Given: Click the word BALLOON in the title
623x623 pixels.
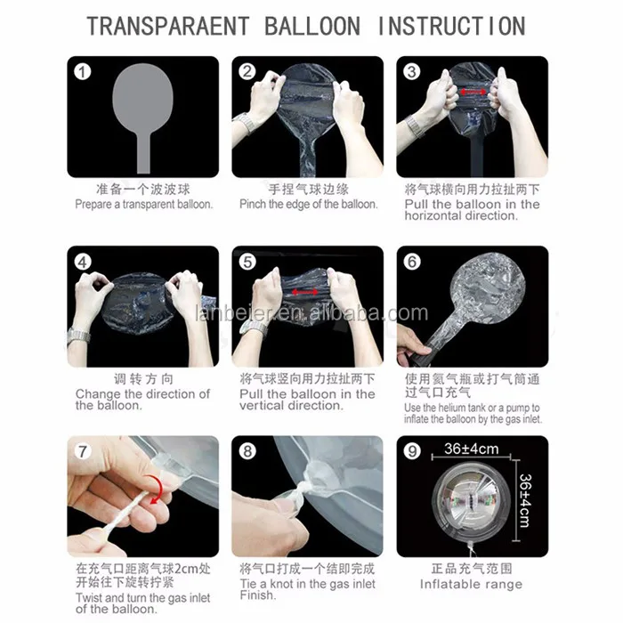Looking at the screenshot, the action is pyautogui.click(x=311, y=26).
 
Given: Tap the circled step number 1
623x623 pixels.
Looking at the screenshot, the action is pyautogui.click(x=83, y=72).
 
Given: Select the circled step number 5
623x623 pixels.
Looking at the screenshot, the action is pyautogui.click(x=247, y=262).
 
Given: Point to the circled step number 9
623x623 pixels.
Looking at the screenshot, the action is pyautogui.click(x=412, y=451).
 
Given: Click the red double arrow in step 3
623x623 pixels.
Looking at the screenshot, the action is pyautogui.click(x=473, y=93).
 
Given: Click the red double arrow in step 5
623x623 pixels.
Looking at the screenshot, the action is pyautogui.click(x=304, y=293).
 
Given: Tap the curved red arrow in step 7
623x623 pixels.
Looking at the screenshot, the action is pyautogui.click(x=154, y=489).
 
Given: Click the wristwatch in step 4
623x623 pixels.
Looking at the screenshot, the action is pyautogui.click(x=78, y=336).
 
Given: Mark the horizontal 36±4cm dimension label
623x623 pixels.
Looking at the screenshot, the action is pyautogui.click(x=471, y=449).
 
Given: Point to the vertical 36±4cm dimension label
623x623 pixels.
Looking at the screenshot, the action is pyautogui.click(x=524, y=500).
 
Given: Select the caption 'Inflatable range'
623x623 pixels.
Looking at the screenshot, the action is pyautogui.click(x=471, y=585).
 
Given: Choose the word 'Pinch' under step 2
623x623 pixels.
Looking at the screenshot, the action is pyautogui.click(x=253, y=204).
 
